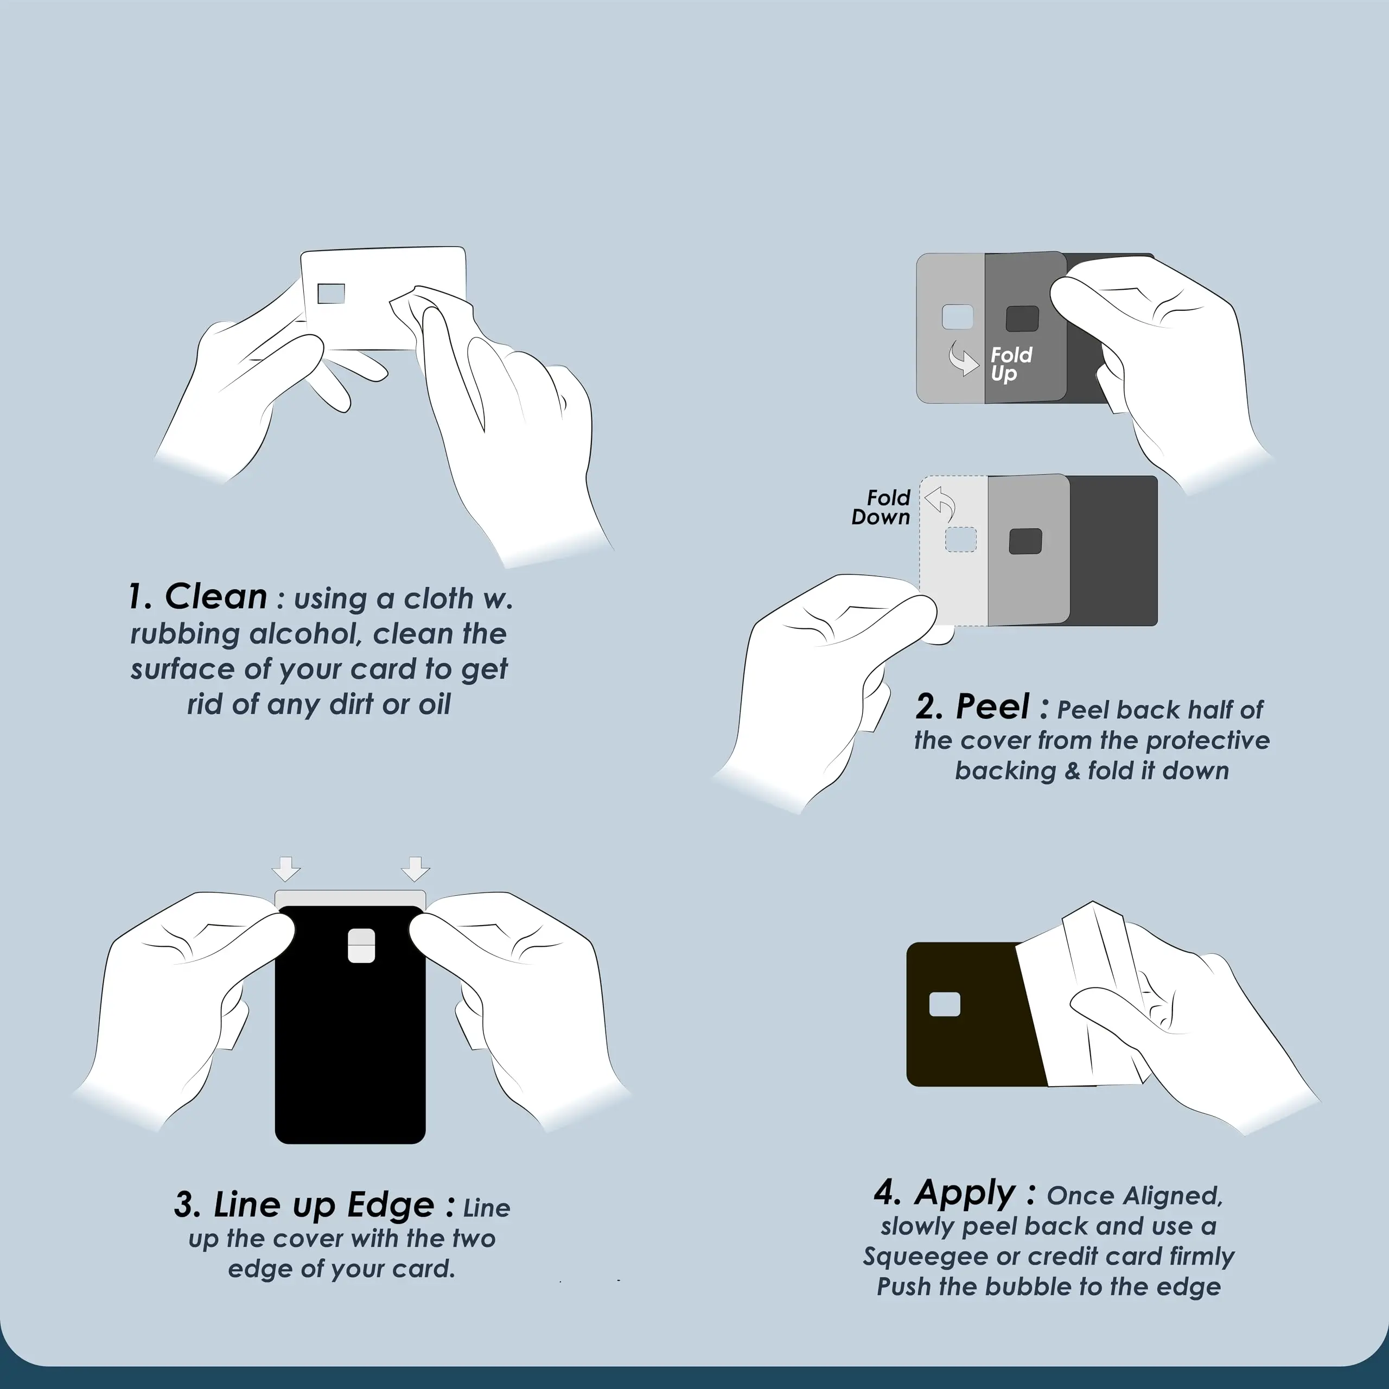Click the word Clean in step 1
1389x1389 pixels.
pyautogui.click(x=216, y=597)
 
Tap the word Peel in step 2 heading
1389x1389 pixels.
pyautogui.click(x=992, y=708)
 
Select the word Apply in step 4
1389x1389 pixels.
pyautogui.click(x=964, y=1194)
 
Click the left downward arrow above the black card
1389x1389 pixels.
pyautogui.click(x=286, y=869)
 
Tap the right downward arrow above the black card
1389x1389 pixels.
pyautogui.click(x=415, y=869)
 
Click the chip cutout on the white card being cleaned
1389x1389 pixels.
pyautogui.click(x=332, y=294)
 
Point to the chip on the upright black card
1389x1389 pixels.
pyautogui.click(x=361, y=945)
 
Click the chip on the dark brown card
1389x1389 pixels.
pyautogui.click(x=945, y=1004)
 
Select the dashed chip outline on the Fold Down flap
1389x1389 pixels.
pyautogui.click(x=960, y=540)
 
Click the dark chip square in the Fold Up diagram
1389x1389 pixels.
pyautogui.click(x=1022, y=318)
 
